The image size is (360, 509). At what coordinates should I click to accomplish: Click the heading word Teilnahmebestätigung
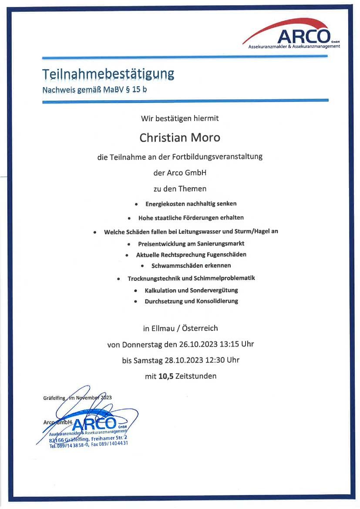click(108, 74)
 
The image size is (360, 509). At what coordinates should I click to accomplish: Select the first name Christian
click(162, 138)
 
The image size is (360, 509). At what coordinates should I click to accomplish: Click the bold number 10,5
click(166, 376)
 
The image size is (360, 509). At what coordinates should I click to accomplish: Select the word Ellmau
click(168, 328)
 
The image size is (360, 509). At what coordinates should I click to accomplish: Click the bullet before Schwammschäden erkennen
click(142, 266)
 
